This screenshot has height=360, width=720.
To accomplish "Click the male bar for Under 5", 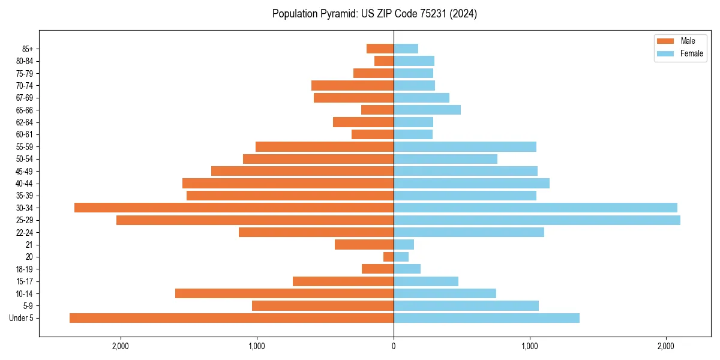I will coord(232,318).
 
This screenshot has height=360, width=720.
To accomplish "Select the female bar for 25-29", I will coord(537,220).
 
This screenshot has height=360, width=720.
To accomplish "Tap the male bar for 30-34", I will coord(234,208).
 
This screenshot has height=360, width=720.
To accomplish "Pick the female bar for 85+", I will coord(406,49).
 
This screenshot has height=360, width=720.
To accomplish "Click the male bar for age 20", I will coord(389,257).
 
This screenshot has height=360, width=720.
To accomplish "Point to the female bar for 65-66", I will coord(427,110).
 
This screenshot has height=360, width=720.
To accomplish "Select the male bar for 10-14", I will coord(284,293).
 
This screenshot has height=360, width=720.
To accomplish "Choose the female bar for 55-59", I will coord(465,146).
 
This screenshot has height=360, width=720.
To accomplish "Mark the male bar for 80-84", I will coord(384,61).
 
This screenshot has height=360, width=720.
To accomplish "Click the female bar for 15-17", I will coord(426,281).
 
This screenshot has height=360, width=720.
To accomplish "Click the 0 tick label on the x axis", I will coord(394,346).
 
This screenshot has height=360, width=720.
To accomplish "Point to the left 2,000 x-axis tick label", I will coord(121,346).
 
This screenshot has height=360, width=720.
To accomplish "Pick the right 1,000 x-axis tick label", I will coord(530,346).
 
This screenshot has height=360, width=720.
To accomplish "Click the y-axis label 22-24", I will coord(24,232).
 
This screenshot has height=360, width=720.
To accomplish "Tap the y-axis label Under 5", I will coord(21,318).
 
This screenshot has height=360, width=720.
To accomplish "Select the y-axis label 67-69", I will coord(24,98).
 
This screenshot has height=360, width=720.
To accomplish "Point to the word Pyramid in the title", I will coord(339,14).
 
